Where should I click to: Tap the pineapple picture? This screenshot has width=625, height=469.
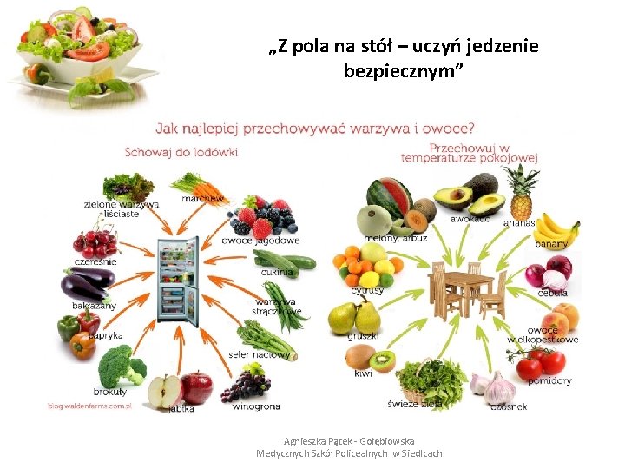tap(521, 195)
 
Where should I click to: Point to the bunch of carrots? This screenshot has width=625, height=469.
tap(200, 186)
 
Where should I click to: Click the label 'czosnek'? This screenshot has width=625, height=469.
tap(509, 406)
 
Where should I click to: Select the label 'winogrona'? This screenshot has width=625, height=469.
tap(256, 406)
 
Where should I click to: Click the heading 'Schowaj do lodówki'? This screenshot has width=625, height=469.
tap(181, 152)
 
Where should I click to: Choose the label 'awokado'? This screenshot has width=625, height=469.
tap(470, 220)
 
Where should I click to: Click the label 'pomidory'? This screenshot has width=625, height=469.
tap(556, 381)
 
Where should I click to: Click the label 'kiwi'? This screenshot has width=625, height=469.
tap(364, 374)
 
